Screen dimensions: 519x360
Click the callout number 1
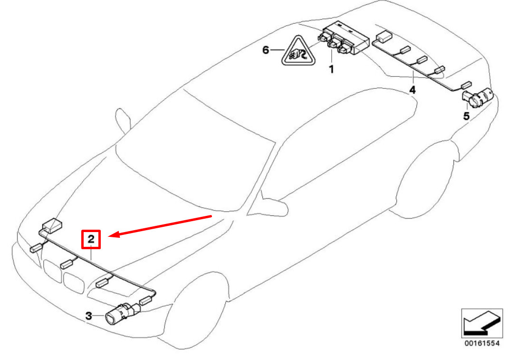point(331,69)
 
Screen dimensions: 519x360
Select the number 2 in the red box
point(91,239)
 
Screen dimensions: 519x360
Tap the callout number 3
point(89,316)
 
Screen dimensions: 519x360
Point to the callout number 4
point(412,90)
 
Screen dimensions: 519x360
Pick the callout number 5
point(466,116)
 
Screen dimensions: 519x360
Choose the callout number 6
point(266,50)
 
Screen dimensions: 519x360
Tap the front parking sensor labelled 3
point(123,313)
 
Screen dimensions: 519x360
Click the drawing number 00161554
point(481,343)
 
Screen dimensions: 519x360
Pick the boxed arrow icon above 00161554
point(482,323)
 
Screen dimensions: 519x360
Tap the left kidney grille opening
point(53,271)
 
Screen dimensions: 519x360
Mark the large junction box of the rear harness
point(384,36)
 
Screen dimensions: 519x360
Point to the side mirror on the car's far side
point(123,120)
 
